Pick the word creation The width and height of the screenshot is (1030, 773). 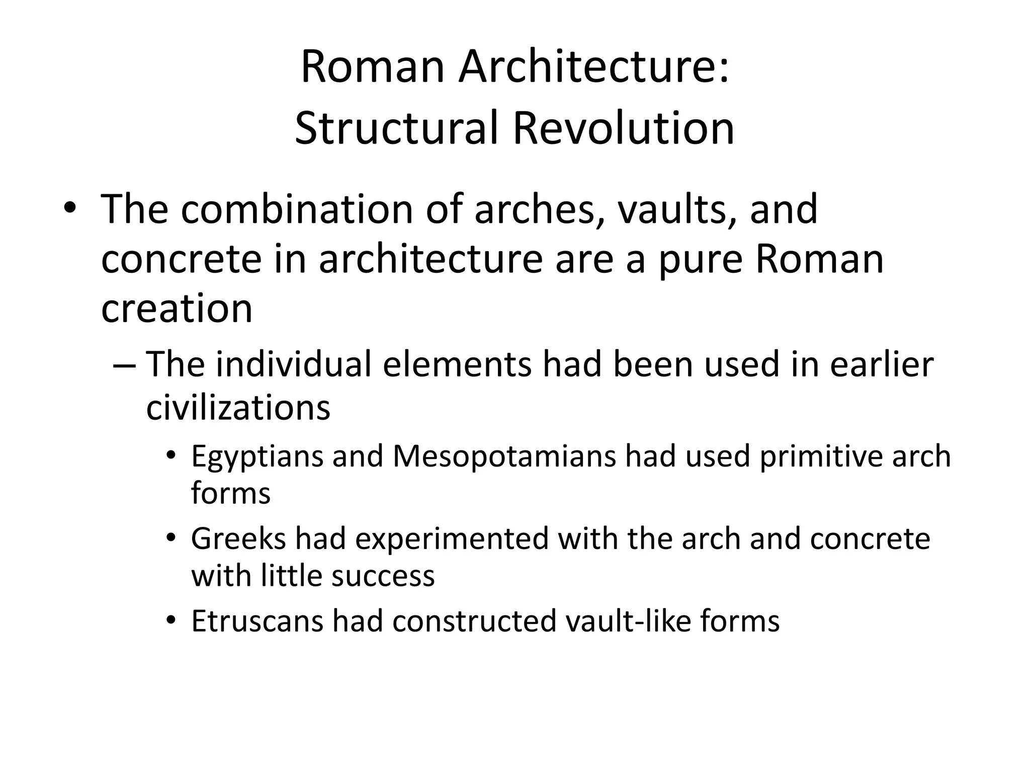pos(177,308)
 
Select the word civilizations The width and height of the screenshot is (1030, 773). pos(238,407)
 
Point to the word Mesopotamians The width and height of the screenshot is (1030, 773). pos(504,456)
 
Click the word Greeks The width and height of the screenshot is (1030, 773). pos(238,538)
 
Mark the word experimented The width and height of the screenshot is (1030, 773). pos(452,538)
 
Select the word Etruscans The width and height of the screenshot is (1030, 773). pos(257,621)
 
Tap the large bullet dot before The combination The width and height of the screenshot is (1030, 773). pos(70,210)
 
